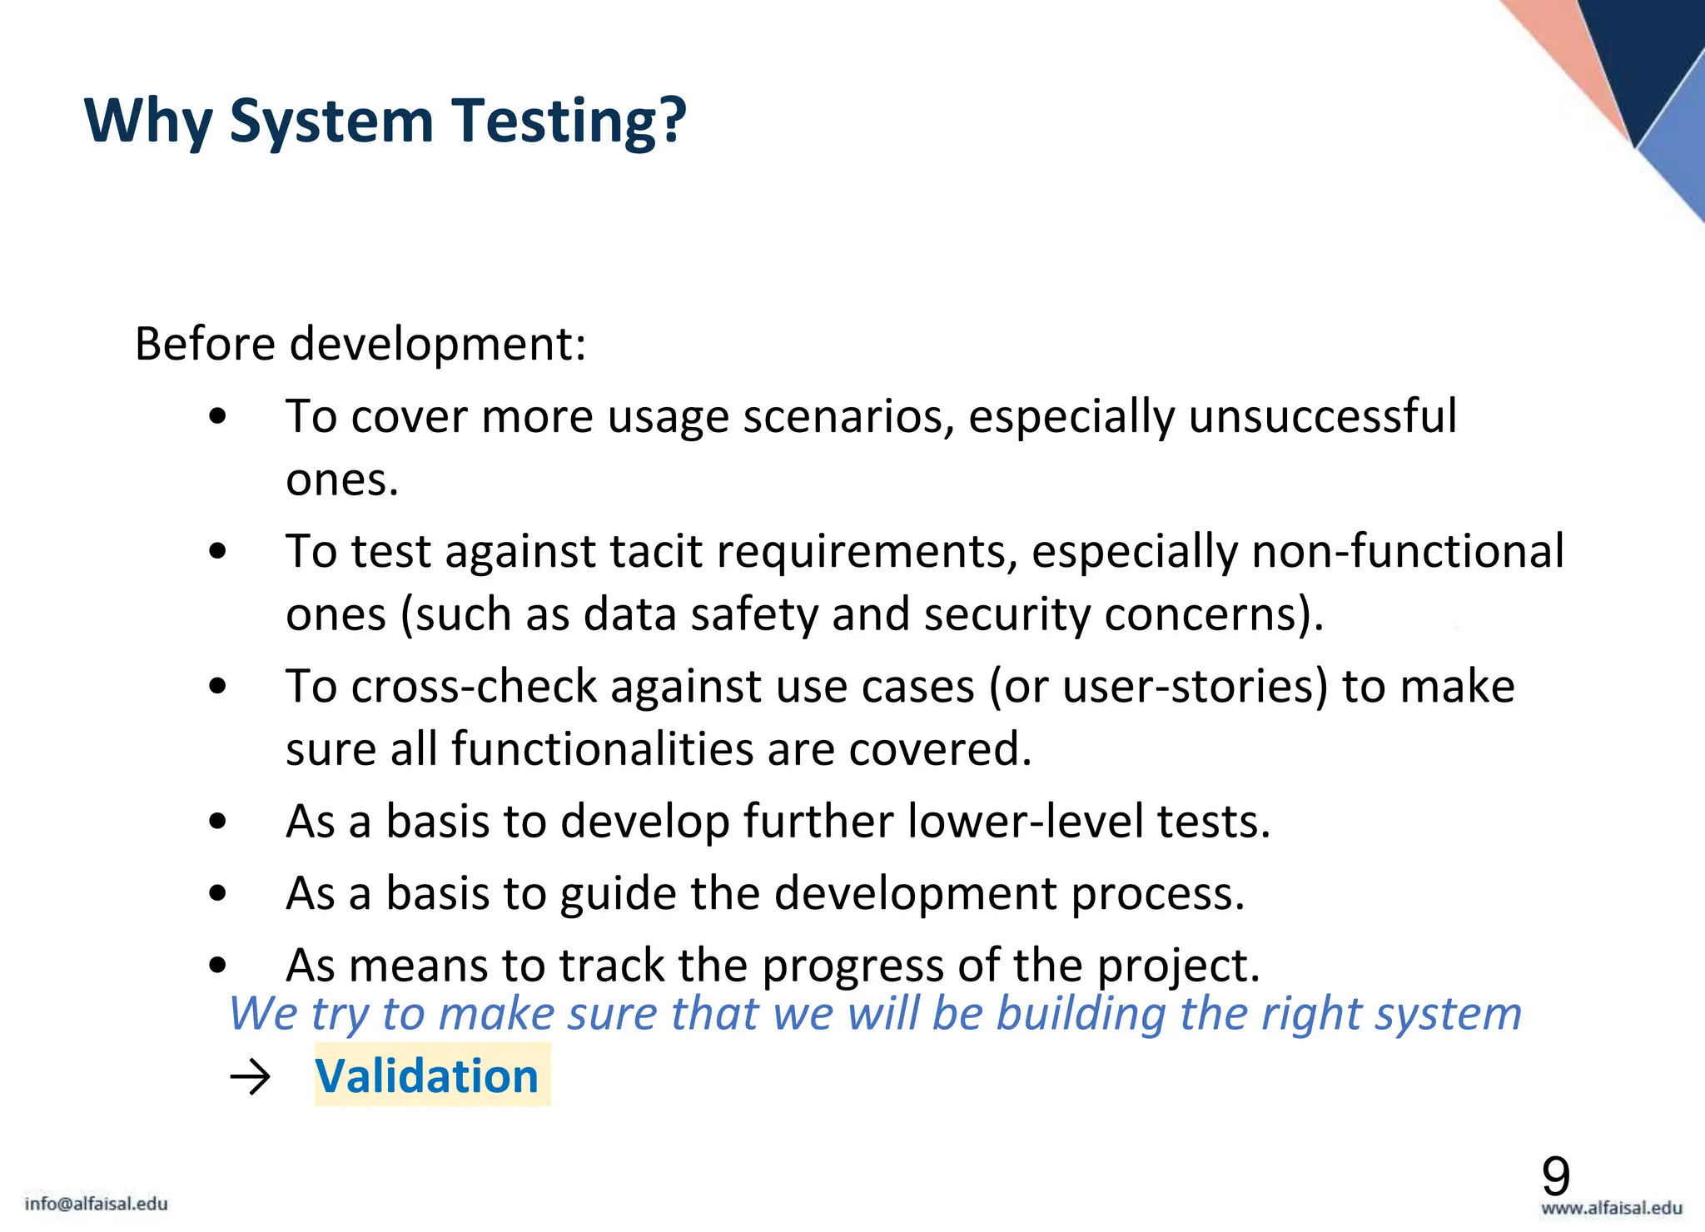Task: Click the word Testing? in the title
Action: [569, 122]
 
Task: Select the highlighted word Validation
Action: [428, 1076]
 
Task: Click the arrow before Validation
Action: [251, 1078]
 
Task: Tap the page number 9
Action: [1555, 1176]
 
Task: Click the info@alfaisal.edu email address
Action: [97, 1204]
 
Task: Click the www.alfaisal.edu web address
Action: [1611, 1208]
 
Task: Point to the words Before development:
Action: [360, 344]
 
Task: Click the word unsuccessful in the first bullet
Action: [1322, 416]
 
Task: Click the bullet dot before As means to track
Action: [218, 966]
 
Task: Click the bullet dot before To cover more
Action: [218, 416]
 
